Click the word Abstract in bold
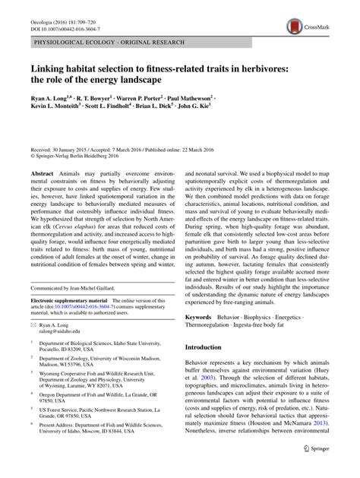[42, 174]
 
